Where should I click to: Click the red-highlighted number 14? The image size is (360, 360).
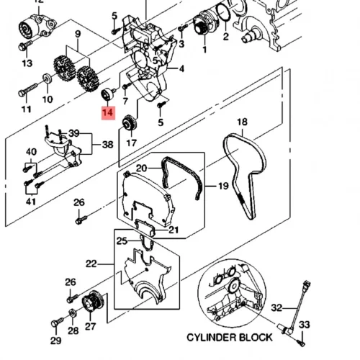click(108, 112)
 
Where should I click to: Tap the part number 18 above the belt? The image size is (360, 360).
click(242, 122)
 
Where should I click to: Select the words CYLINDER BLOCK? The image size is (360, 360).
click(230, 338)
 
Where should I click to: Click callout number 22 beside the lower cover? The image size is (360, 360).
click(91, 264)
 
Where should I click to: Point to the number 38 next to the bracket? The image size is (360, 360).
click(108, 145)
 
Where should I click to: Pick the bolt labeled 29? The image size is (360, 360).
click(57, 322)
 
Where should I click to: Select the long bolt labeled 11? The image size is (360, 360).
click(28, 90)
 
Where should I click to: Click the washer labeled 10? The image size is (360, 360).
click(47, 78)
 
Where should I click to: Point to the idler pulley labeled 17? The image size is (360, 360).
click(130, 123)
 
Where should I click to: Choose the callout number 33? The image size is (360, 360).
click(305, 325)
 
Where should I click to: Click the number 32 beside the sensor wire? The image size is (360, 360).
click(276, 307)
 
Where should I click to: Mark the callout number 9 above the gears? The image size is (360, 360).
click(78, 34)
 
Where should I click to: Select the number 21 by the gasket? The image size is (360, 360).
click(174, 230)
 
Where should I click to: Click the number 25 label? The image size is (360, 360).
click(122, 240)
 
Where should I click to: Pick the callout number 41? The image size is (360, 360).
click(30, 202)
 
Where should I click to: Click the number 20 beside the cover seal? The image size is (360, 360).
click(141, 168)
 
